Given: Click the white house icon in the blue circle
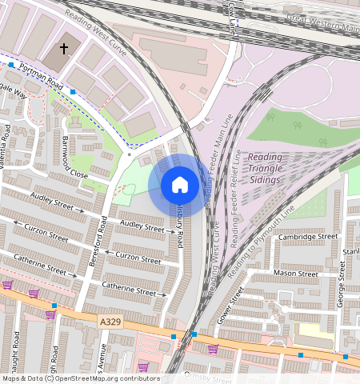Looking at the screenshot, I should click(180, 185).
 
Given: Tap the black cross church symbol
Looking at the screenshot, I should click(64, 50).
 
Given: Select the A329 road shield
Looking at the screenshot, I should click(112, 321).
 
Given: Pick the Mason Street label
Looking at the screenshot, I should click(295, 273).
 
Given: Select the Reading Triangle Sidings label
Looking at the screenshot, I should click(264, 168).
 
